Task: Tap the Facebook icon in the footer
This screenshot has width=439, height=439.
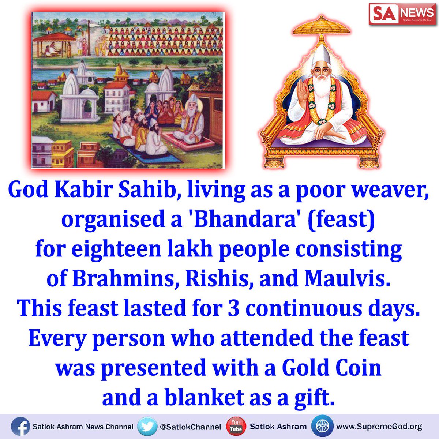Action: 20,427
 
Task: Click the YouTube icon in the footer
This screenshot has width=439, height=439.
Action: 236,427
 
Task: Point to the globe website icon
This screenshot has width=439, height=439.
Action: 322,427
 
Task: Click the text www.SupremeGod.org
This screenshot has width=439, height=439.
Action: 379,427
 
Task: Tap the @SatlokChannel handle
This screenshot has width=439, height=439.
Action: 190,427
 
